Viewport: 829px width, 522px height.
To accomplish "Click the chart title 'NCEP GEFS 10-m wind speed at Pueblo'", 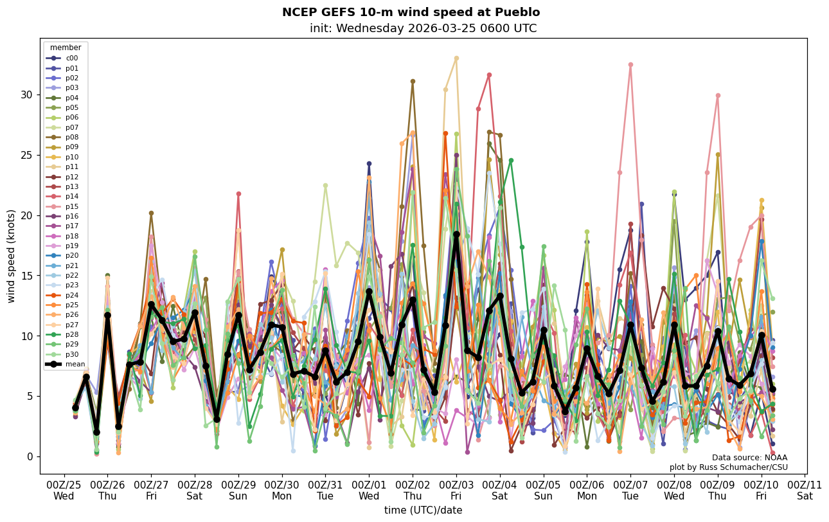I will [x=411, y=12].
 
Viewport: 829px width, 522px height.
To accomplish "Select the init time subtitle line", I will [x=423, y=28].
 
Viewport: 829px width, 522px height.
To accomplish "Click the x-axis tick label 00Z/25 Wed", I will [x=64, y=490].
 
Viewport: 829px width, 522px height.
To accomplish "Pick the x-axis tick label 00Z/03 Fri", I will [x=456, y=490].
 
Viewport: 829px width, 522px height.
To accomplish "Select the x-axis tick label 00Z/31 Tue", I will [x=325, y=490].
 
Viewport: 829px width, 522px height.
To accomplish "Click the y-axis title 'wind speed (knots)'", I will [x=11, y=256].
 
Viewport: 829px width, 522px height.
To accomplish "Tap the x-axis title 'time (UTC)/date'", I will [x=423, y=510].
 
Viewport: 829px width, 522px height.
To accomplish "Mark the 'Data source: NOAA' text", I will [x=749, y=458].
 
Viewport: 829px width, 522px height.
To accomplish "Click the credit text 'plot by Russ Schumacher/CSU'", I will [x=728, y=467].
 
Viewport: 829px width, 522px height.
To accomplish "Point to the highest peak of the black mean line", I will [x=456, y=235].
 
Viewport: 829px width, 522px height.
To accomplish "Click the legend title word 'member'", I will [x=66, y=48].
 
